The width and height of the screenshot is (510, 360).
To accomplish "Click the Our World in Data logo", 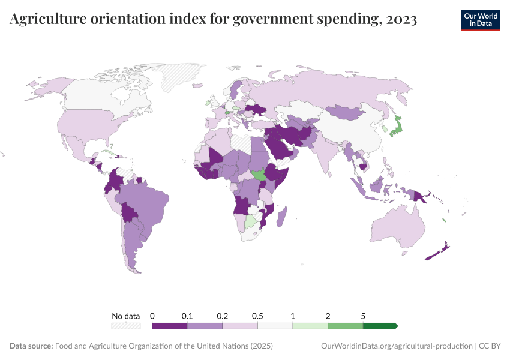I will [x=480, y=20].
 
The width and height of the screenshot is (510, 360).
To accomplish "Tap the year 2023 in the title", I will [x=400, y=20].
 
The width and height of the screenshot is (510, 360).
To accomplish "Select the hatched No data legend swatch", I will [x=126, y=326].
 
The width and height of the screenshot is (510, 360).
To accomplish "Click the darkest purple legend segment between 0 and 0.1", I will [x=170, y=326].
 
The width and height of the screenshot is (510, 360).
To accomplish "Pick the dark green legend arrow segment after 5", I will [x=380, y=326].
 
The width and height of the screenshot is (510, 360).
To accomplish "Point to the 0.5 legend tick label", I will [x=258, y=316].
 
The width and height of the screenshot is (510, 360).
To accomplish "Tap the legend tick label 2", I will [x=328, y=316].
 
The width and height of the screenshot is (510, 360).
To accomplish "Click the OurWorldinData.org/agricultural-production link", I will [x=397, y=346].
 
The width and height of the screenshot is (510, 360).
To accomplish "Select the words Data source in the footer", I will [x=31, y=346].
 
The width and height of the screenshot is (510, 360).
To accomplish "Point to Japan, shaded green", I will [x=395, y=127].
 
